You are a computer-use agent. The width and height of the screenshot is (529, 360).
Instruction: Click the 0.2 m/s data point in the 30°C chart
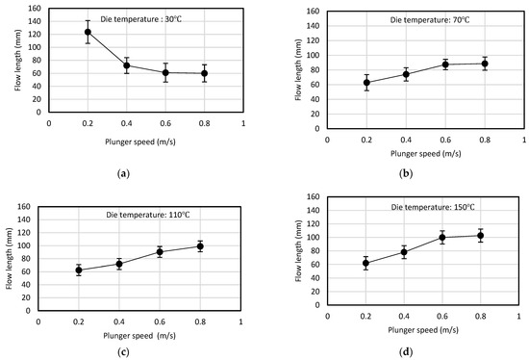(x=88, y=32)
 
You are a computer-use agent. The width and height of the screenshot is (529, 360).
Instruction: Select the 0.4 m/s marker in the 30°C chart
(x=127, y=65)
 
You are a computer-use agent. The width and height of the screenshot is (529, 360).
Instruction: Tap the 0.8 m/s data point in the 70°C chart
(x=485, y=64)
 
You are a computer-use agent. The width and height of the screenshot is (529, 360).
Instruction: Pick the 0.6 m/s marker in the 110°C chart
(x=160, y=251)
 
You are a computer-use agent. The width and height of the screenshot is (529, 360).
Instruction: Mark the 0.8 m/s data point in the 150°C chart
(x=480, y=236)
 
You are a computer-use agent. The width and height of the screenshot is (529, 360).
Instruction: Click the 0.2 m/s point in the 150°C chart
(x=365, y=263)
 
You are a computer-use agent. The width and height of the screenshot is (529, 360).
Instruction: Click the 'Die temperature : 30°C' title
(x=141, y=19)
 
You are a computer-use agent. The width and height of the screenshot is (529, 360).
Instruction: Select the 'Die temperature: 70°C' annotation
(x=430, y=20)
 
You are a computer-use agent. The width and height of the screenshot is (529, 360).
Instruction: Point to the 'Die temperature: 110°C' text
(x=148, y=215)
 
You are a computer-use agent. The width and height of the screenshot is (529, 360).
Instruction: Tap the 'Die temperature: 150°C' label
(x=433, y=207)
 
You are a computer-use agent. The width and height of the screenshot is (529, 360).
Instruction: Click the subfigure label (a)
(x=123, y=174)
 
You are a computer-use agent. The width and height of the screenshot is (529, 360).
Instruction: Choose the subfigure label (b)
(x=406, y=174)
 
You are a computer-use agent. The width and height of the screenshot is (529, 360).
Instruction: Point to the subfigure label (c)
(x=123, y=352)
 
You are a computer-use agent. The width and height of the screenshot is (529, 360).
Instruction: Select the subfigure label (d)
(x=406, y=352)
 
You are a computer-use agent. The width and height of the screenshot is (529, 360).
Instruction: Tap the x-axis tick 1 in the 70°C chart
(x=524, y=140)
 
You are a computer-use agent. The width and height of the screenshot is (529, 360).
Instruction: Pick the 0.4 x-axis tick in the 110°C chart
(x=119, y=321)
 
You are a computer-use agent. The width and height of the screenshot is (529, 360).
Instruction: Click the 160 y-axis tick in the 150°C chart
(x=314, y=196)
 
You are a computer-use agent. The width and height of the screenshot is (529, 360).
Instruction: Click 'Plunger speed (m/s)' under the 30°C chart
(x=140, y=141)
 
